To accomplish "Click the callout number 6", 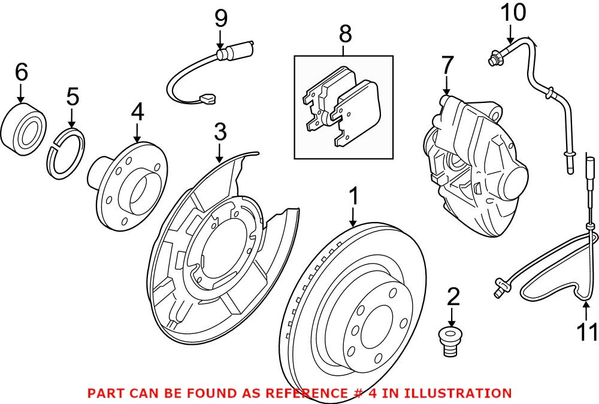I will click(21, 73).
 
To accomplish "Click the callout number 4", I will click(138, 111).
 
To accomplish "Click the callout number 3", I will click(220, 132).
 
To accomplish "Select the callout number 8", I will click(344, 34).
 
